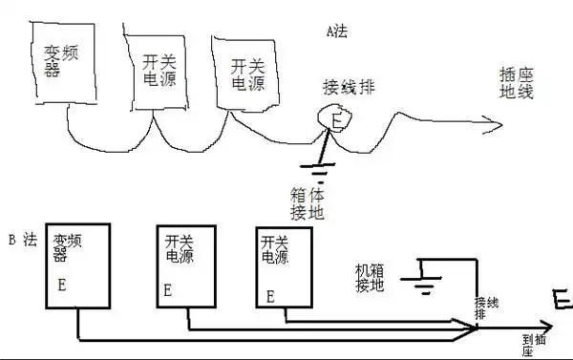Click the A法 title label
click(x=336, y=31)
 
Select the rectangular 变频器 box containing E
click(x=79, y=266)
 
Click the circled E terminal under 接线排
click(x=335, y=119)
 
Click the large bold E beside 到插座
click(x=562, y=300)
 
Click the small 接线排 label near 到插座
click(x=485, y=308)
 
